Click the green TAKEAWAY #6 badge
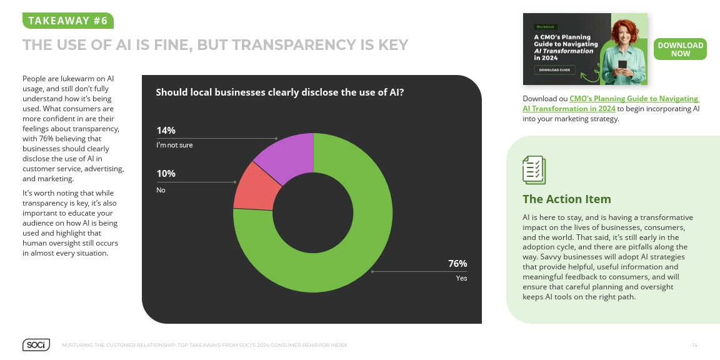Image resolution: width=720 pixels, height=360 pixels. click(x=68, y=21)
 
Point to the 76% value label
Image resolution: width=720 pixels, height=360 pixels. click(x=457, y=264)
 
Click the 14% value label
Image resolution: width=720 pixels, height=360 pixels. click(x=166, y=131)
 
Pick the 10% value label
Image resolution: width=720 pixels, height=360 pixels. click(x=166, y=174)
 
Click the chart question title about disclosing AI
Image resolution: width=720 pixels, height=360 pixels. click(x=279, y=92)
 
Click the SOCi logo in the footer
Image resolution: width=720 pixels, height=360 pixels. click(x=36, y=345)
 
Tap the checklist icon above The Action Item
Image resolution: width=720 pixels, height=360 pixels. click(x=534, y=170)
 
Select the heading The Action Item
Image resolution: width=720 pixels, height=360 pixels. click(x=566, y=199)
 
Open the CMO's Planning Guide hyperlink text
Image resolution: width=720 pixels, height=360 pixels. click(x=625, y=99)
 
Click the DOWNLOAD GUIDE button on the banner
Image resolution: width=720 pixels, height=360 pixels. click(x=554, y=70)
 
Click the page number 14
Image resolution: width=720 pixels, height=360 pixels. click(x=694, y=346)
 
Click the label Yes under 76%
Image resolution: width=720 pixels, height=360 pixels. click(x=461, y=278)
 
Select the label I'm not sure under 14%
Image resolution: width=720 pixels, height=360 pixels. click(x=174, y=145)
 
